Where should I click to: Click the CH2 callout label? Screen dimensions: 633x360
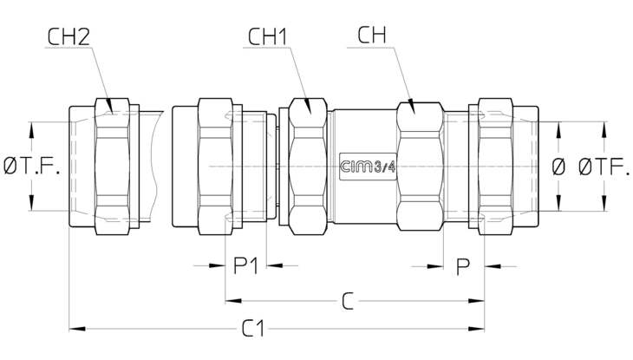click(69, 36)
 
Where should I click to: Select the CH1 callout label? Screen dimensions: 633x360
click(267, 36)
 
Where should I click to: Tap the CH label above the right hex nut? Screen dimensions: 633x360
click(372, 35)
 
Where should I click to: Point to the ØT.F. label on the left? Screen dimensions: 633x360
click(32, 166)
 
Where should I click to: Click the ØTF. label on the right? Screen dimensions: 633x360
click(604, 167)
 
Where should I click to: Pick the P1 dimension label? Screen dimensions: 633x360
click(245, 265)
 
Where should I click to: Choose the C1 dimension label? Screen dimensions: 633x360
click(253, 329)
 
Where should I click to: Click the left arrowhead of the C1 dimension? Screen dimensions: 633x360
click(77, 329)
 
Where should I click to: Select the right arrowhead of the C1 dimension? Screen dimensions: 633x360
click(476, 329)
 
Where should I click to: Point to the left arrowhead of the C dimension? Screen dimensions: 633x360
click(233, 301)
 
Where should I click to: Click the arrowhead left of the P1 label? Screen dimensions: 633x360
click(217, 265)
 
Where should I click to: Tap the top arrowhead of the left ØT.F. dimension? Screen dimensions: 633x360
click(31, 130)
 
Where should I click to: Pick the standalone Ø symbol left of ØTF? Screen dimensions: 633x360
click(558, 167)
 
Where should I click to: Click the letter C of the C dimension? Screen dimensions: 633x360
click(348, 301)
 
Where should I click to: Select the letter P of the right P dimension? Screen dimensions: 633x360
click(463, 266)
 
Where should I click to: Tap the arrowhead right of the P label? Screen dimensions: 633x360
click(493, 266)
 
